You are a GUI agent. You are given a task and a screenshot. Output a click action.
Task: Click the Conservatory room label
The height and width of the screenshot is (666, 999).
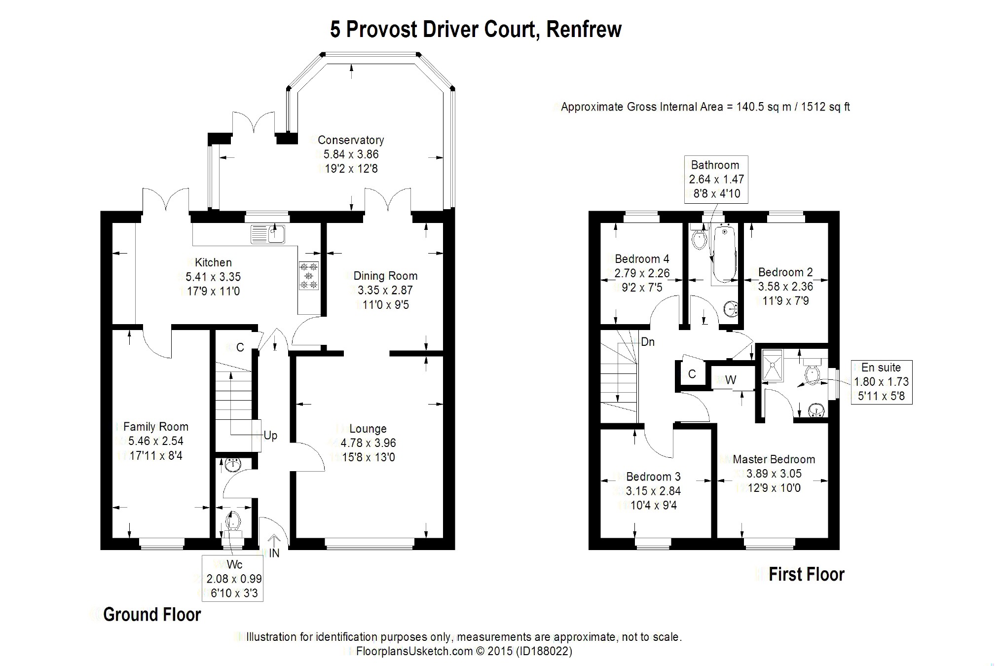[351, 140]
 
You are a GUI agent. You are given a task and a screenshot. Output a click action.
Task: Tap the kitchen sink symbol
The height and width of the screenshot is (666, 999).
[268, 234]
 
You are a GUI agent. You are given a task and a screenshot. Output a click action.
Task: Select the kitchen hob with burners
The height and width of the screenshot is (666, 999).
[309, 275]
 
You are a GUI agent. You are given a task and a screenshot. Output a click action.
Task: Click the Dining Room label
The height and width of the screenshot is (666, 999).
[385, 276]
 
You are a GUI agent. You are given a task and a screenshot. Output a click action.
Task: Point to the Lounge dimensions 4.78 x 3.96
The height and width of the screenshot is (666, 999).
[368, 443]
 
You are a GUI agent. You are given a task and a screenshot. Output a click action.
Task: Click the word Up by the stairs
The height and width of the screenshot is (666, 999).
[270, 436]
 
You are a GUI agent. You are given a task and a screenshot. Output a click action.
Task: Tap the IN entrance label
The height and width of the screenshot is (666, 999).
[274, 554]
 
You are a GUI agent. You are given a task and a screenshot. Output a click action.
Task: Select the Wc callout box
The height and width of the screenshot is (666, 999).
[232, 578]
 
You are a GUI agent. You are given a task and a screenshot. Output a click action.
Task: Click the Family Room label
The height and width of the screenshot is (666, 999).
[156, 427]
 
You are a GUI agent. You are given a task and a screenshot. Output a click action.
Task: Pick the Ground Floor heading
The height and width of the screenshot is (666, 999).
[152, 615]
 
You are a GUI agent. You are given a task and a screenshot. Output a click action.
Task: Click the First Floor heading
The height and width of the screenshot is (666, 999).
[807, 574]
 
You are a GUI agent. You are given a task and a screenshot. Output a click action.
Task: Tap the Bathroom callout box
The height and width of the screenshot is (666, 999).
[716, 180]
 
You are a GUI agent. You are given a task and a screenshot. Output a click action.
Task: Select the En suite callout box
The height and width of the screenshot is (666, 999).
[882, 382]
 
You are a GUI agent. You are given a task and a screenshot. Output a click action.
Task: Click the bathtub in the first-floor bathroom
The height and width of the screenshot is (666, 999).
[724, 255]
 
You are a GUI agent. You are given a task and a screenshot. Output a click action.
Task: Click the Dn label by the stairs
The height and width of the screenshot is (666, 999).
[648, 342]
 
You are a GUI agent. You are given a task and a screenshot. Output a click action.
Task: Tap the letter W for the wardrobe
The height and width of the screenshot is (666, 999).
[731, 380]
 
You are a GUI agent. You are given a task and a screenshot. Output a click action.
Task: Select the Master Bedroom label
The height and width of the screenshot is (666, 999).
[774, 459]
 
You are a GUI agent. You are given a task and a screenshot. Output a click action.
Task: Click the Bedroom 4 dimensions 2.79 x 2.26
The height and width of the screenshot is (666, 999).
[642, 273]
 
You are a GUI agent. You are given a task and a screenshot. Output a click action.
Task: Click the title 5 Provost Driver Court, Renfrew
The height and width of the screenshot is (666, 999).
[476, 29]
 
